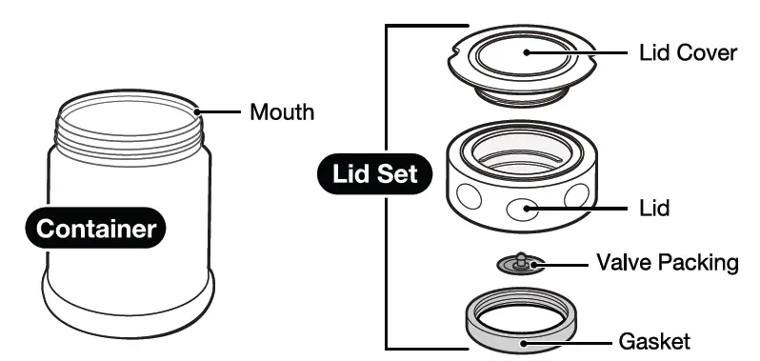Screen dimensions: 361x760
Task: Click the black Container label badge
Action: [x=95, y=229]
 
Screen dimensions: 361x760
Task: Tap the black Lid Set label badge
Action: [x=374, y=174]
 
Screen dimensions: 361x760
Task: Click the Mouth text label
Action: [x=282, y=111]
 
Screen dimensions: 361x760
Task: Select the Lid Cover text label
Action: [x=688, y=52]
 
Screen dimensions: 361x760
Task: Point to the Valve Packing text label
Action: [x=667, y=262]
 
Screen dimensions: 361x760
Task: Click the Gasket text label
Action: [x=653, y=340]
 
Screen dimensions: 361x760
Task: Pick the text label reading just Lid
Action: [x=655, y=208]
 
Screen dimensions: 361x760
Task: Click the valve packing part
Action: [x=521, y=262]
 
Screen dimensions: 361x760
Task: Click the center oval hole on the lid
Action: [x=521, y=209]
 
